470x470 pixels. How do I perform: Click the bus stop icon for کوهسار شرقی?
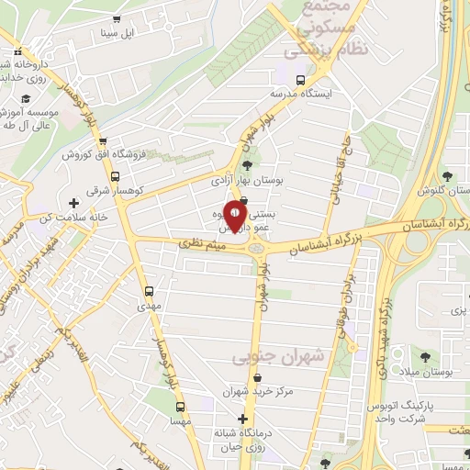pos(115,176)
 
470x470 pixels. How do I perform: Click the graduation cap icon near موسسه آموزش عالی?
pos(27,97)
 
